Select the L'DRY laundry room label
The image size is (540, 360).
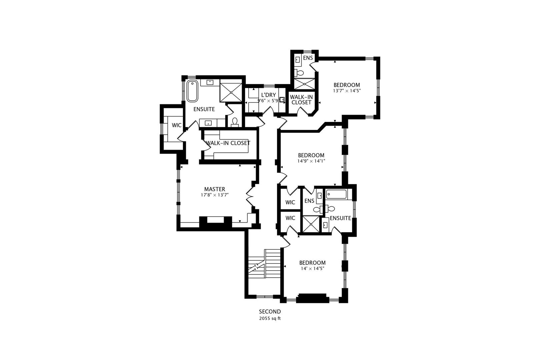268,95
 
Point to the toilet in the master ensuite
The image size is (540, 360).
235,122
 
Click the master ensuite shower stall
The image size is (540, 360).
231,92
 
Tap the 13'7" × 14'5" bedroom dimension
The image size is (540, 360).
347,90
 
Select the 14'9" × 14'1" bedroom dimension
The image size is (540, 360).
311,161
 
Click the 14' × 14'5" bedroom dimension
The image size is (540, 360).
312,268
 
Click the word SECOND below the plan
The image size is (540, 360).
270,312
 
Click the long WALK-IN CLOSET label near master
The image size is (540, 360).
228,143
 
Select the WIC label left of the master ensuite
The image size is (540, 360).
176,125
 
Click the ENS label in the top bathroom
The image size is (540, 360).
308,58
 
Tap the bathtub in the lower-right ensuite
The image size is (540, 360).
337,194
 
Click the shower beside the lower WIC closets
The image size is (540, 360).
310,224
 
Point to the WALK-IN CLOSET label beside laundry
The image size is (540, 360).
301,100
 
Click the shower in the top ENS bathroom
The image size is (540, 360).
304,84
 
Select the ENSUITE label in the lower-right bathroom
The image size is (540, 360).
340,218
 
